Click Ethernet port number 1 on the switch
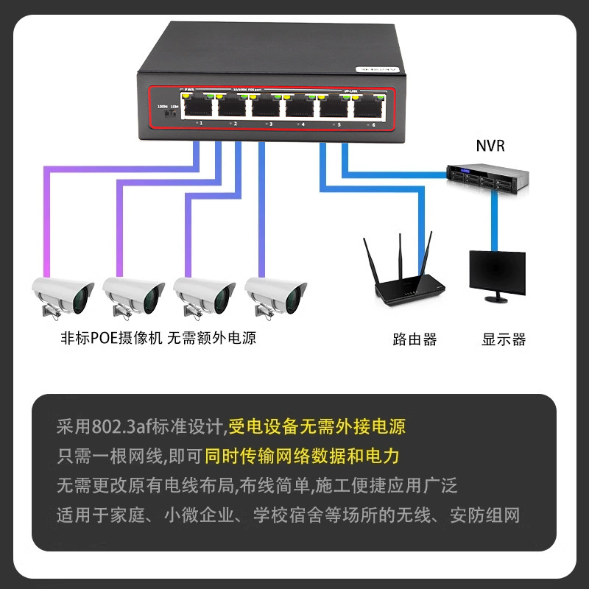click(x=197, y=107)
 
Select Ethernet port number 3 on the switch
click(x=267, y=107)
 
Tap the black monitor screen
click(x=498, y=270)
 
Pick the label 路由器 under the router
click(x=415, y=339)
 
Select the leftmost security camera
click(x=63, y=296)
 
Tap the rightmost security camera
click(x=275, y=296)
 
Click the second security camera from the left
click(x=133, y=296)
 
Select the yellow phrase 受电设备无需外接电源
click(x=317, y=426)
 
